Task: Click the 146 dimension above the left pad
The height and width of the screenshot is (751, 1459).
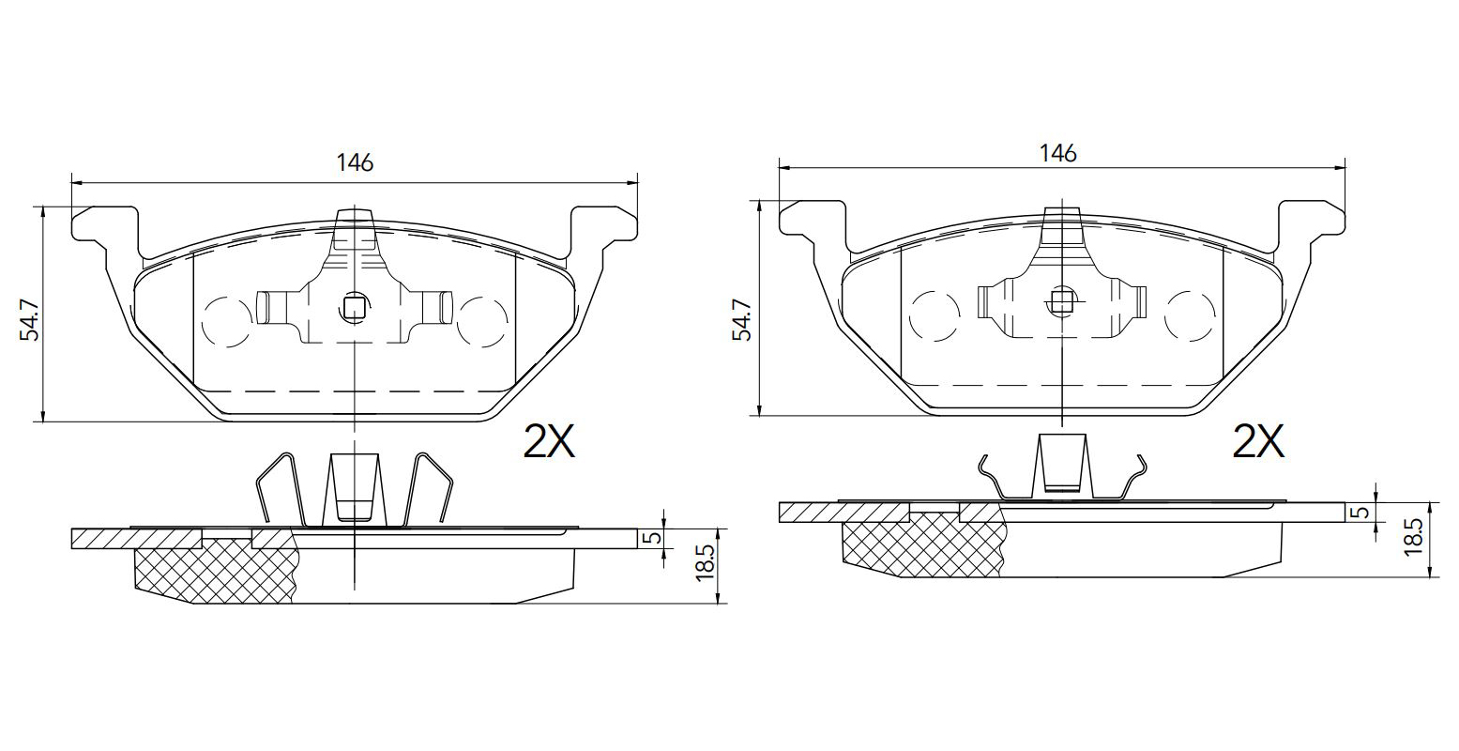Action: [355, 162]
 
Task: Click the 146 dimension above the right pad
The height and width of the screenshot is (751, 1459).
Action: [1057, 153]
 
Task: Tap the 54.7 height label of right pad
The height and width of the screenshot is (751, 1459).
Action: [741, 319]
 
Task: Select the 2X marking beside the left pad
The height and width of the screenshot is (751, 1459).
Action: [549, 441]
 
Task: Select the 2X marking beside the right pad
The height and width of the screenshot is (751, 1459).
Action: [1258, 441]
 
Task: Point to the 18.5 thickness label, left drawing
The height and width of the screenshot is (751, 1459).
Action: [706, 564]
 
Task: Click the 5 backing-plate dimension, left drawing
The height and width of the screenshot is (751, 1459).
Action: [655, 539]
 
